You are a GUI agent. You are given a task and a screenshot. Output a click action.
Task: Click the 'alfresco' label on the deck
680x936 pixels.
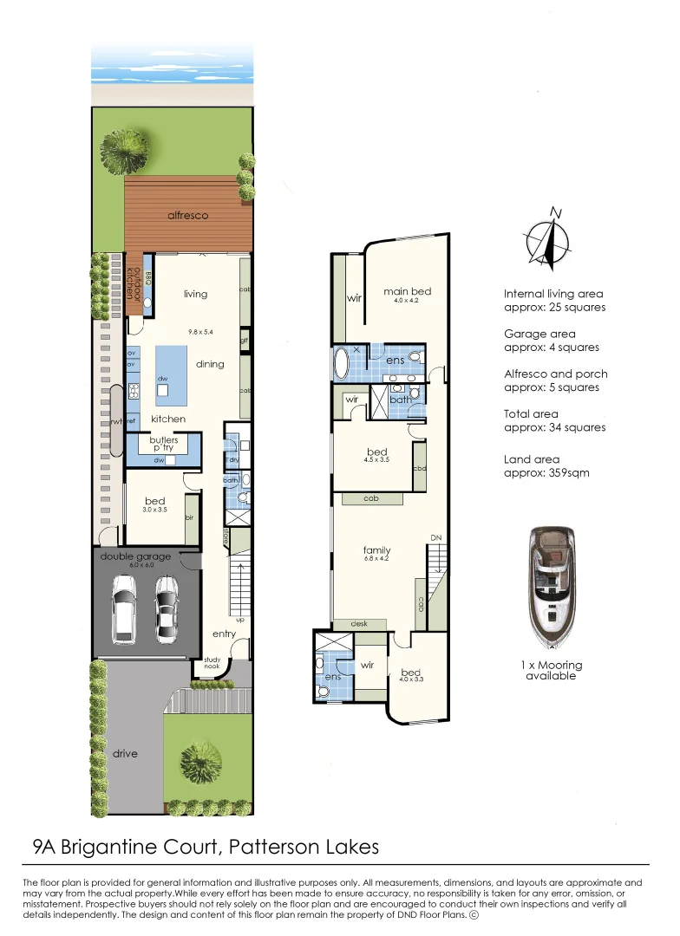pyautogui.click(x=188, y=215)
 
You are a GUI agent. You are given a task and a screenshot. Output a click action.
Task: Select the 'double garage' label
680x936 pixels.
pyautogui.click(x=135, y=556)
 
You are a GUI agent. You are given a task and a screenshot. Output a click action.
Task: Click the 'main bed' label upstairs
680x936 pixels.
pyautogui.click(x=408, y=291)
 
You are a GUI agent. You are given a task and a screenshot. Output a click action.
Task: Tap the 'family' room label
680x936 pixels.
pyautogui.click(x=376, y=550)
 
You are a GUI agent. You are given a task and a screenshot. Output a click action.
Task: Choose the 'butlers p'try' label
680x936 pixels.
pyautogui.click(x=165, y=445)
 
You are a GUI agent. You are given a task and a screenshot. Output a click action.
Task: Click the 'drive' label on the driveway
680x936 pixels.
pyautogui.click(x=125, y=753)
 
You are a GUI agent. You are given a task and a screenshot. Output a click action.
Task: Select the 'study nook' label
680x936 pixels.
pyautogui.click(x=213, y=663)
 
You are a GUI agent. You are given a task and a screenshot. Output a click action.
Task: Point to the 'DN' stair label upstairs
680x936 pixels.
pyautogui.click(x=436, y=538)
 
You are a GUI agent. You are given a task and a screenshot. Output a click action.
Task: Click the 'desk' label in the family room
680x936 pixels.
pyautogui.click(x=359, y=623)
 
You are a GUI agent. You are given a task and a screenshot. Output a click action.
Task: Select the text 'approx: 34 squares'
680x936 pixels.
pyautogui.click(x=554, y=427)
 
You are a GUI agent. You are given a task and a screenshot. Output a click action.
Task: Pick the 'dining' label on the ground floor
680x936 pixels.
pyautogui.click(x=209, y=364)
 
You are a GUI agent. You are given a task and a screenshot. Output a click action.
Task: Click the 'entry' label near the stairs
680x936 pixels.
pyautogui.click(x=224, y=634)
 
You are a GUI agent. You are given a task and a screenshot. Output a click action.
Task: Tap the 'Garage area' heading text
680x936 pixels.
pyautogui.click(x=539, y=334)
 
